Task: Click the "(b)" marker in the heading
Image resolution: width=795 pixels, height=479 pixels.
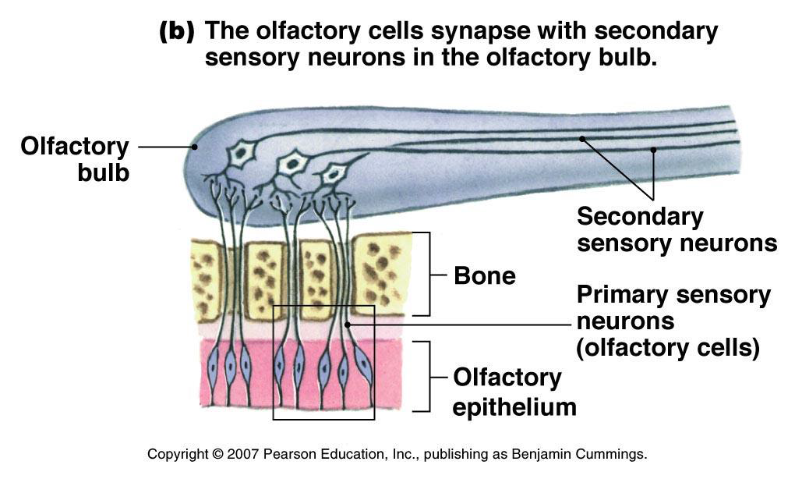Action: pyautogui.click(x=177, y=32)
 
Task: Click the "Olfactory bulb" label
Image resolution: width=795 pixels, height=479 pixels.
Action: pyautogui.click(x=76, y=158)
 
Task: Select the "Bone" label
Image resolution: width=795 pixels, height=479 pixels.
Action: pyautogui.click(x=484, y=275)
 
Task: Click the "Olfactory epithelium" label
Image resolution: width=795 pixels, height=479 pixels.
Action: pyautogui.click(x=514, y=392)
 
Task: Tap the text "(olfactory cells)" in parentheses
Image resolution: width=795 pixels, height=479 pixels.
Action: pyautogui.click(x=668, y=348)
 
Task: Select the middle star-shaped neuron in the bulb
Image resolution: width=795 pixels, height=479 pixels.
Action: pyautogui.click(x=293, y=163)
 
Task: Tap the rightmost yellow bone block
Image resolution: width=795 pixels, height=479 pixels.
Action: pyautogui.click(x=381, y=272)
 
